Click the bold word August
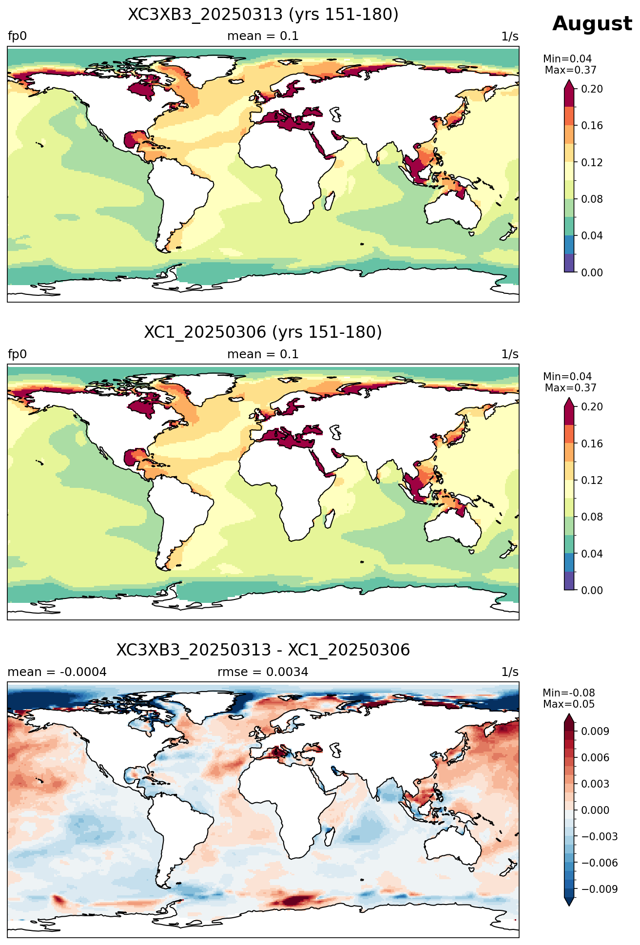592,24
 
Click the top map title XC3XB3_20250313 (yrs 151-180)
263,15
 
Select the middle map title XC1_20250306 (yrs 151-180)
263,332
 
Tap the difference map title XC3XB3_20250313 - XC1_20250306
263,650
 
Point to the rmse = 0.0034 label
263,672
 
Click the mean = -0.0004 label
57,672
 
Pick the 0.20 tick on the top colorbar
592,89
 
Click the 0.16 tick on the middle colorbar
592,444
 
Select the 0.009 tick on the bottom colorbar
595,731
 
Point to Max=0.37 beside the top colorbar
570,70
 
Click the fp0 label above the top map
17,37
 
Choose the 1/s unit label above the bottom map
510,672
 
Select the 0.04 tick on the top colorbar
592,236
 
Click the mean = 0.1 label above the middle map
263,354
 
